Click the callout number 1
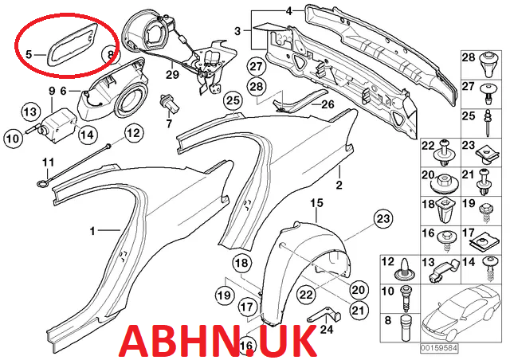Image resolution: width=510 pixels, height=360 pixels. pyautogui.click(x=92, y=231)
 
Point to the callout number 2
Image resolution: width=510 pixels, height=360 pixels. pyautogui.click(x=339, y=186)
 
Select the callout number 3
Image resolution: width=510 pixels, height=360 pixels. pyautogui.click(x=237, y=31)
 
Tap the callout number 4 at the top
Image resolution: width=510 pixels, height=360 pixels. pyautogui.click(x=289, y=10)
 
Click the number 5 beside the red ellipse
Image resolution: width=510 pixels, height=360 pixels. pyautogui.click(x=29, y=54)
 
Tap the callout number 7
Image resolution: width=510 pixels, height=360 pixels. pyautogui.click(x=168, y=125)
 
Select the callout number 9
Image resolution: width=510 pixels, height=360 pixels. pyautogui.click(x=51, y=91)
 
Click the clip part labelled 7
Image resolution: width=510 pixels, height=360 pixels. pyautogui.click(x=168, y=104)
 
